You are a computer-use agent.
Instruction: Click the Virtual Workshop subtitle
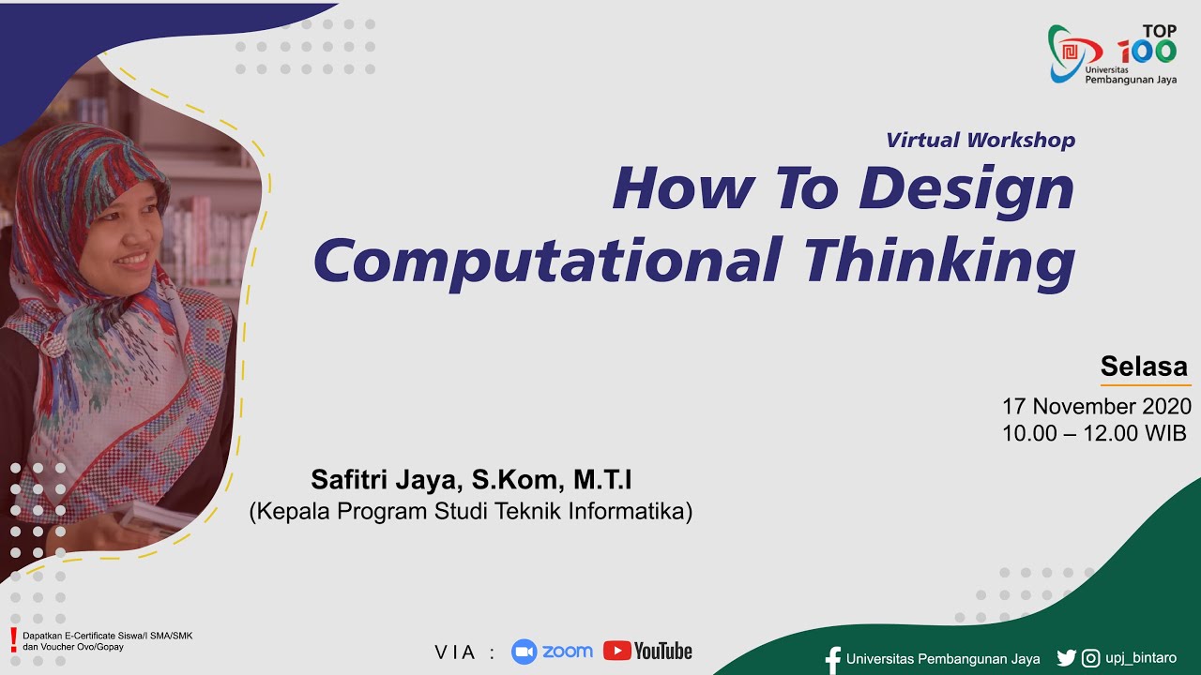[x=981, y=141]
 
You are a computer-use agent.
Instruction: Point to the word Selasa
[x=1144, y=367]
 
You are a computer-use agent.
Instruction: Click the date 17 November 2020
[x=1097, y=407]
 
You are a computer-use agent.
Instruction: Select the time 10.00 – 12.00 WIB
[x=1094, y=433]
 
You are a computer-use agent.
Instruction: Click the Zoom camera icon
[x=524, y=652]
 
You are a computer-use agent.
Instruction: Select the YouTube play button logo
[x=616, y=651]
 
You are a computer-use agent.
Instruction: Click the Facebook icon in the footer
[x=832, y=659]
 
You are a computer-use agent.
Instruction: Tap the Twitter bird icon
[x=1066, y=658]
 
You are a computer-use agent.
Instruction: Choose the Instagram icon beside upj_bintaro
[x=1090, y=658]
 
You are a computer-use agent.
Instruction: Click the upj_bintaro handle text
[x=1142, y=658]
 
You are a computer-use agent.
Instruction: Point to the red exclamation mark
[x=13, y=640]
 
